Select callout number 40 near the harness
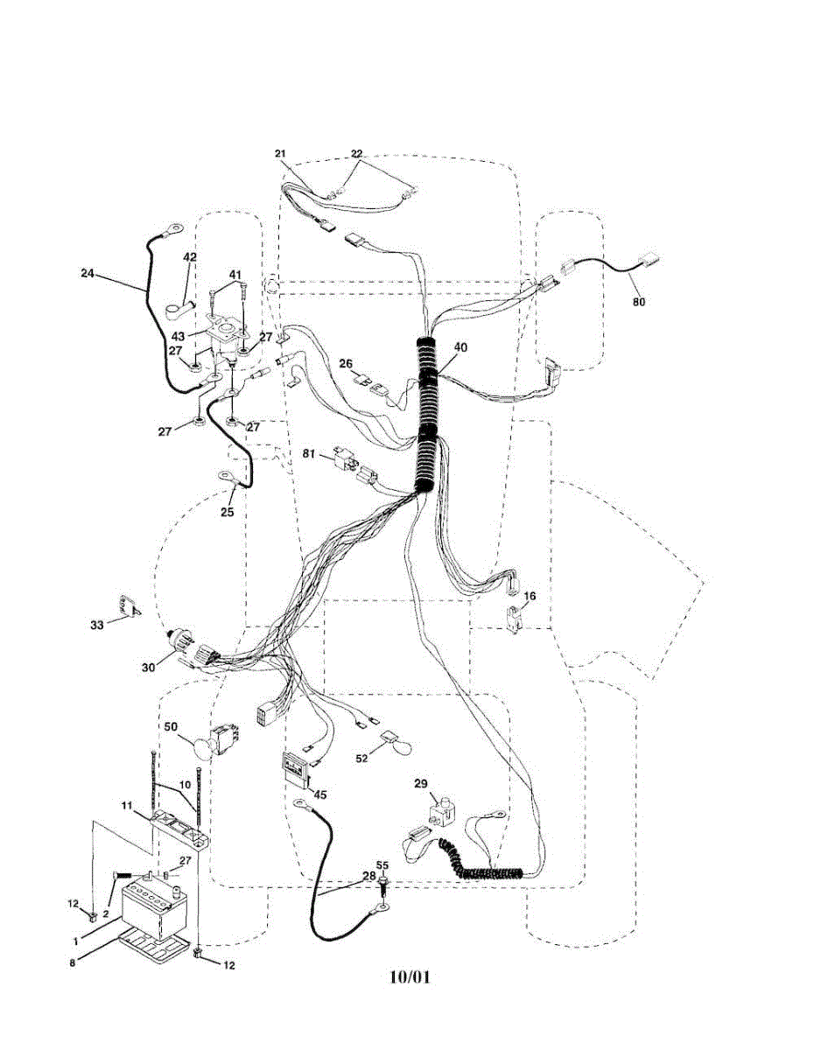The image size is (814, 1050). (460, 347)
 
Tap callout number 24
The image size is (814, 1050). (87, 272)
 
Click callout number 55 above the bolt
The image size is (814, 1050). (382, 865)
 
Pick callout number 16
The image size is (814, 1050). (530, 596)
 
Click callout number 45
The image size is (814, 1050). (320, 794)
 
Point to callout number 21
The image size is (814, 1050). (281, 154)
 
